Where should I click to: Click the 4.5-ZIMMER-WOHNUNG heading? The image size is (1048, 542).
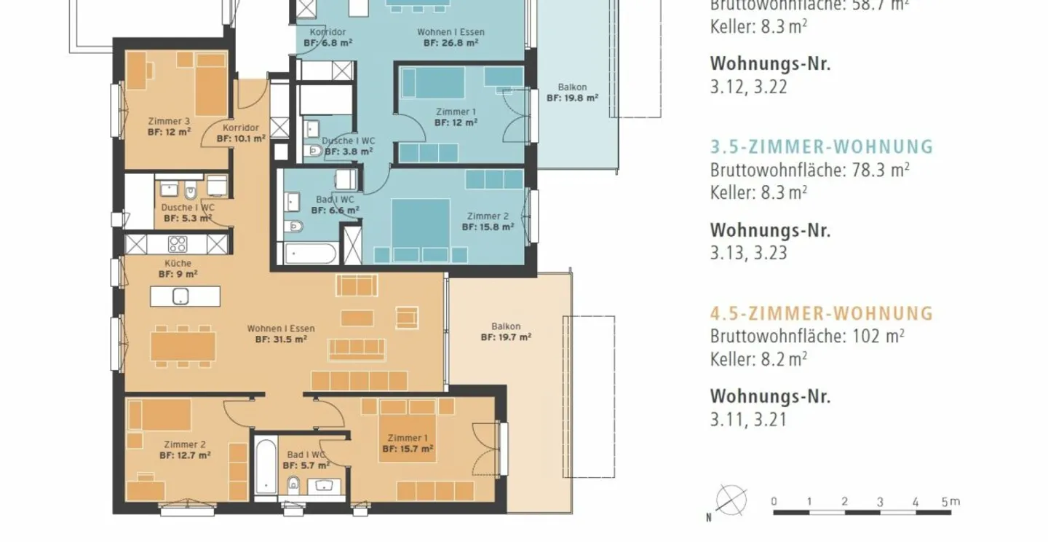[x=821, y=313]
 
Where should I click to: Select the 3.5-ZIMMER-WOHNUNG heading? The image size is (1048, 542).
[x=821, y=147]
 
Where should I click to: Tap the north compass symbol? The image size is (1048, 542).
[x=730, y=500]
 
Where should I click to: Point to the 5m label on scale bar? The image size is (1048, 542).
[x=950, y=501]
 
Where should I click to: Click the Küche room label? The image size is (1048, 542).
[x=178, y=263]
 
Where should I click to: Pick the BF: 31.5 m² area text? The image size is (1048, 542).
[x=280, y=339]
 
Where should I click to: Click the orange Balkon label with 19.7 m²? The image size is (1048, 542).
[x=505, y=326]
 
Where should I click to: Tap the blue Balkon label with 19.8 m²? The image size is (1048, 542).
[x=572, y=87]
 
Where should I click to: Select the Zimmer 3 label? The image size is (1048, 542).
[x=169, y=121]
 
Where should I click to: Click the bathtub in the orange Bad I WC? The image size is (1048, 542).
[x=266, y=466]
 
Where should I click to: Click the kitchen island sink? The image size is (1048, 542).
[x=180, y=296]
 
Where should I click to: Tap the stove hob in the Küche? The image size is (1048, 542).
[x=178, y=244]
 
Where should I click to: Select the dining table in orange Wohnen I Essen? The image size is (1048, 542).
[x=183, y=345]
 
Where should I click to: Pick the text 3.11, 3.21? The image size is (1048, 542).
[x=747, y=420]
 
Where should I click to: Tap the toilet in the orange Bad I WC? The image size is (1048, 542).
[x=293, y=484]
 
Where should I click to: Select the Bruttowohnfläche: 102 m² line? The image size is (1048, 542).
[x=806, y=336]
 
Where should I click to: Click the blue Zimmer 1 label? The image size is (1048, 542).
[x=456, y=111]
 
